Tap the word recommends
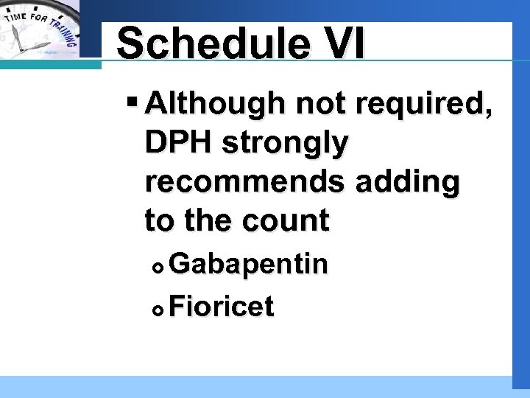point(247,181)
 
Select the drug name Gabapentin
point(248,264)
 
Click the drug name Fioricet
point(222,305)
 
